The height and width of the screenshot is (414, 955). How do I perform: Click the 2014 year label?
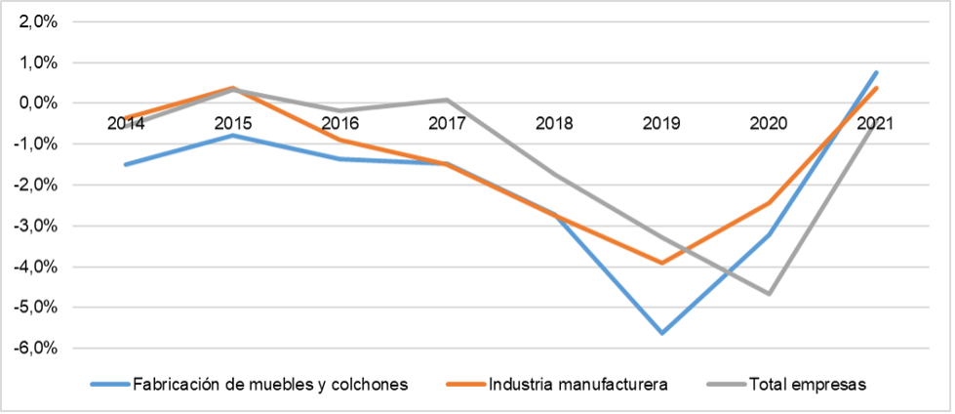tap(126, 124)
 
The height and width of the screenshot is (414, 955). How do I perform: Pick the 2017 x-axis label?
tap(448, 124)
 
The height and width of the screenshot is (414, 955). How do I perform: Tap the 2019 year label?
tap(662, 124)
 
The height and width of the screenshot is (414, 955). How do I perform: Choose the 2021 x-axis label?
tap(876, 124)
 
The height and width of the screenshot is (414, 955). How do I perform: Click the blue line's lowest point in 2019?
tap(662, 333)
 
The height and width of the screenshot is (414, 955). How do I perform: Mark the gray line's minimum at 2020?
tap(770, 293)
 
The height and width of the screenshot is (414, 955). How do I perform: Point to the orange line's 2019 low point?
tap(662, 263)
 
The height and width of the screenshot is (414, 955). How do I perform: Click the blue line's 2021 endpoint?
tap(877, 72)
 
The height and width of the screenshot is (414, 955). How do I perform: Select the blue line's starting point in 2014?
tap(126, 164)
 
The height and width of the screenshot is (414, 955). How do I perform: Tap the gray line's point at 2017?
tap(448, 100)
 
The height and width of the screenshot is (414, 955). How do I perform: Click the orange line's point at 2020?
tap(770, 203)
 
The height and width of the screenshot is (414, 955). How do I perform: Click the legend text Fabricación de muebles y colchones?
tap(268, 384)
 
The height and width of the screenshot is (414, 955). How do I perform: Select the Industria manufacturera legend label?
tap(578, 384)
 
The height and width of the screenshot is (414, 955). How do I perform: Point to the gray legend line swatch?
tap(724, 384)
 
